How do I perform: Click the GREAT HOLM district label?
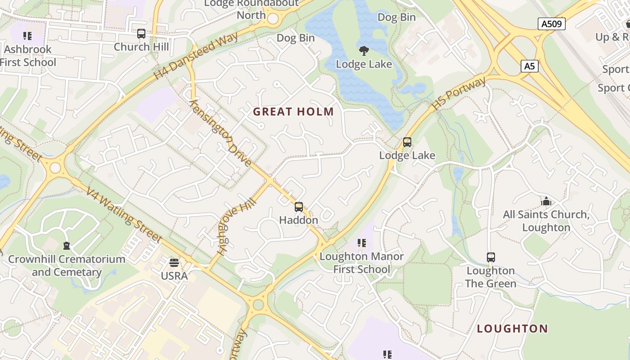click(x=293, y=112)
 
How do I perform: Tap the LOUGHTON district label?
click(x=512, y=328)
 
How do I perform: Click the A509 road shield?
click(x=551, y=24)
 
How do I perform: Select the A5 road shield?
click(x=530, y=66)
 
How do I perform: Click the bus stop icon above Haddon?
click(x=298, y=207)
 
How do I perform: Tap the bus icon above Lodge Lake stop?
click(x=407, y=142)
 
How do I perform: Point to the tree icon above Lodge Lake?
click(x=364, y=50)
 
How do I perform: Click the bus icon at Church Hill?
click(x=141, y=34)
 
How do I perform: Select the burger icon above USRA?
click(x=174, y=263)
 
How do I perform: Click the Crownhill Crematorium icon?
click(x=67, y=246)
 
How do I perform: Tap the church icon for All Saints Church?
click(x=546, y=201)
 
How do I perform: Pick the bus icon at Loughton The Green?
click(x=490, y=257)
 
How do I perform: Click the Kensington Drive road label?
click(x=220, y=133)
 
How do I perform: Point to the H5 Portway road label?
click(x=459, y=94)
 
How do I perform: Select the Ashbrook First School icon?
click(x=27, y=36)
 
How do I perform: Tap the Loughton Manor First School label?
click(x=361, y=263)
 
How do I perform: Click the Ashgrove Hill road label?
click(x=236, y=227)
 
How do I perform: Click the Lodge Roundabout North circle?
click(x=273, y=18)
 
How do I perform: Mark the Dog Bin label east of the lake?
click(x=396, y=17)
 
